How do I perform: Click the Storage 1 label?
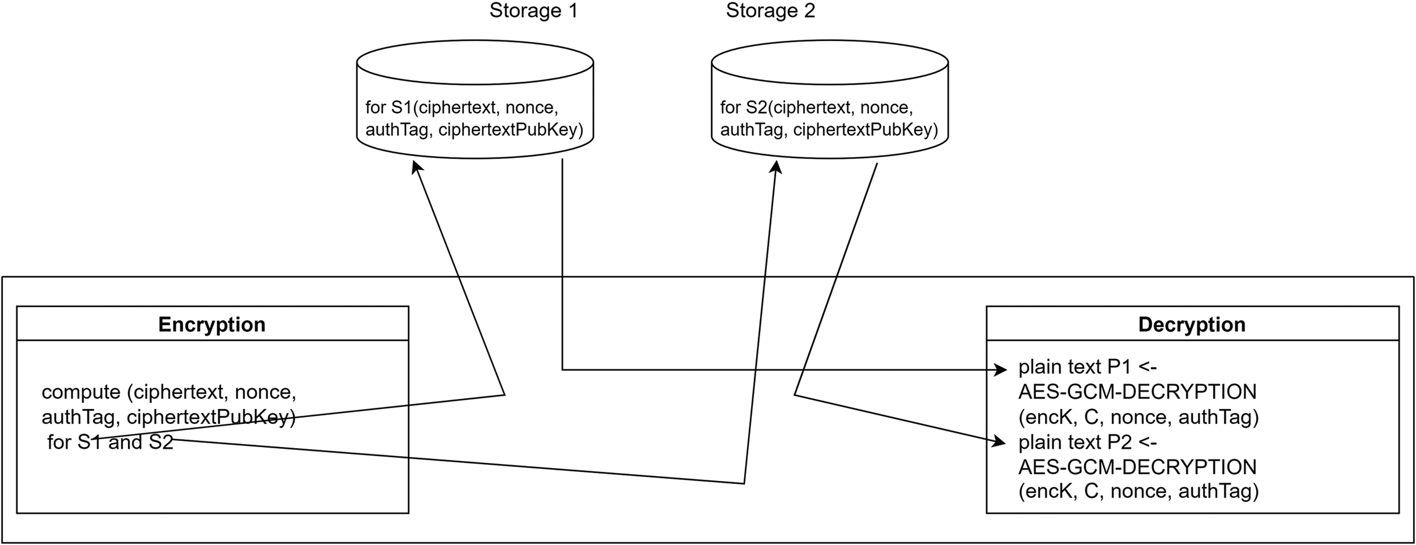click(x=533, y=11)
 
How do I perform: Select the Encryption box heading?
click(x=212, y=325)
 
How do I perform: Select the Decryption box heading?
click(x=1192, y=325)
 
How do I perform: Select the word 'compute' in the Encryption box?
click(x=81, y=392)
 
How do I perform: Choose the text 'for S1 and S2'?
click(x=110, y=442)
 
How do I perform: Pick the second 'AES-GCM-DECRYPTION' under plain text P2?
click(x=1137, y=467)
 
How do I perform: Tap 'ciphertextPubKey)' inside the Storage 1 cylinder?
click(x=510, y=130)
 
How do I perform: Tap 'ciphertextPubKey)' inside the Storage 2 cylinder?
click(x=865, y=130)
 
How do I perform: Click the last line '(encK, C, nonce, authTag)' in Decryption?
click(x=1139, y=491)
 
